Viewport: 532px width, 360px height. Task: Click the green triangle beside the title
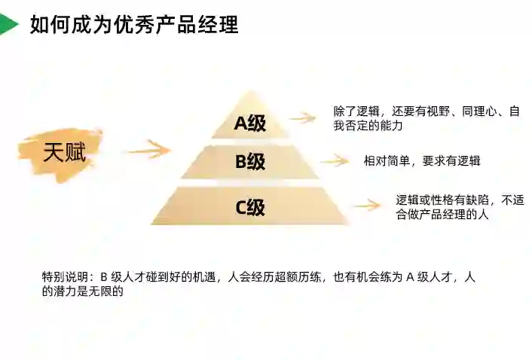(8, 25)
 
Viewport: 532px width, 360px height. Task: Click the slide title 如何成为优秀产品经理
(134, 24)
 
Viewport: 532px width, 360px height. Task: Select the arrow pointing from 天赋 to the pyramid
(148, 149)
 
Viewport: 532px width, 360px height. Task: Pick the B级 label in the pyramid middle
(249, 162)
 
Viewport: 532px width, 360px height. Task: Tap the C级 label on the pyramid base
(249, 206)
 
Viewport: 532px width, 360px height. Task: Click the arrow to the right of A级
(302, 117)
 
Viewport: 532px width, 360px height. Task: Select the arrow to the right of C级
(365, 206)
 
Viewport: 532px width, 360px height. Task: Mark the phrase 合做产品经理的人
(443, 215)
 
